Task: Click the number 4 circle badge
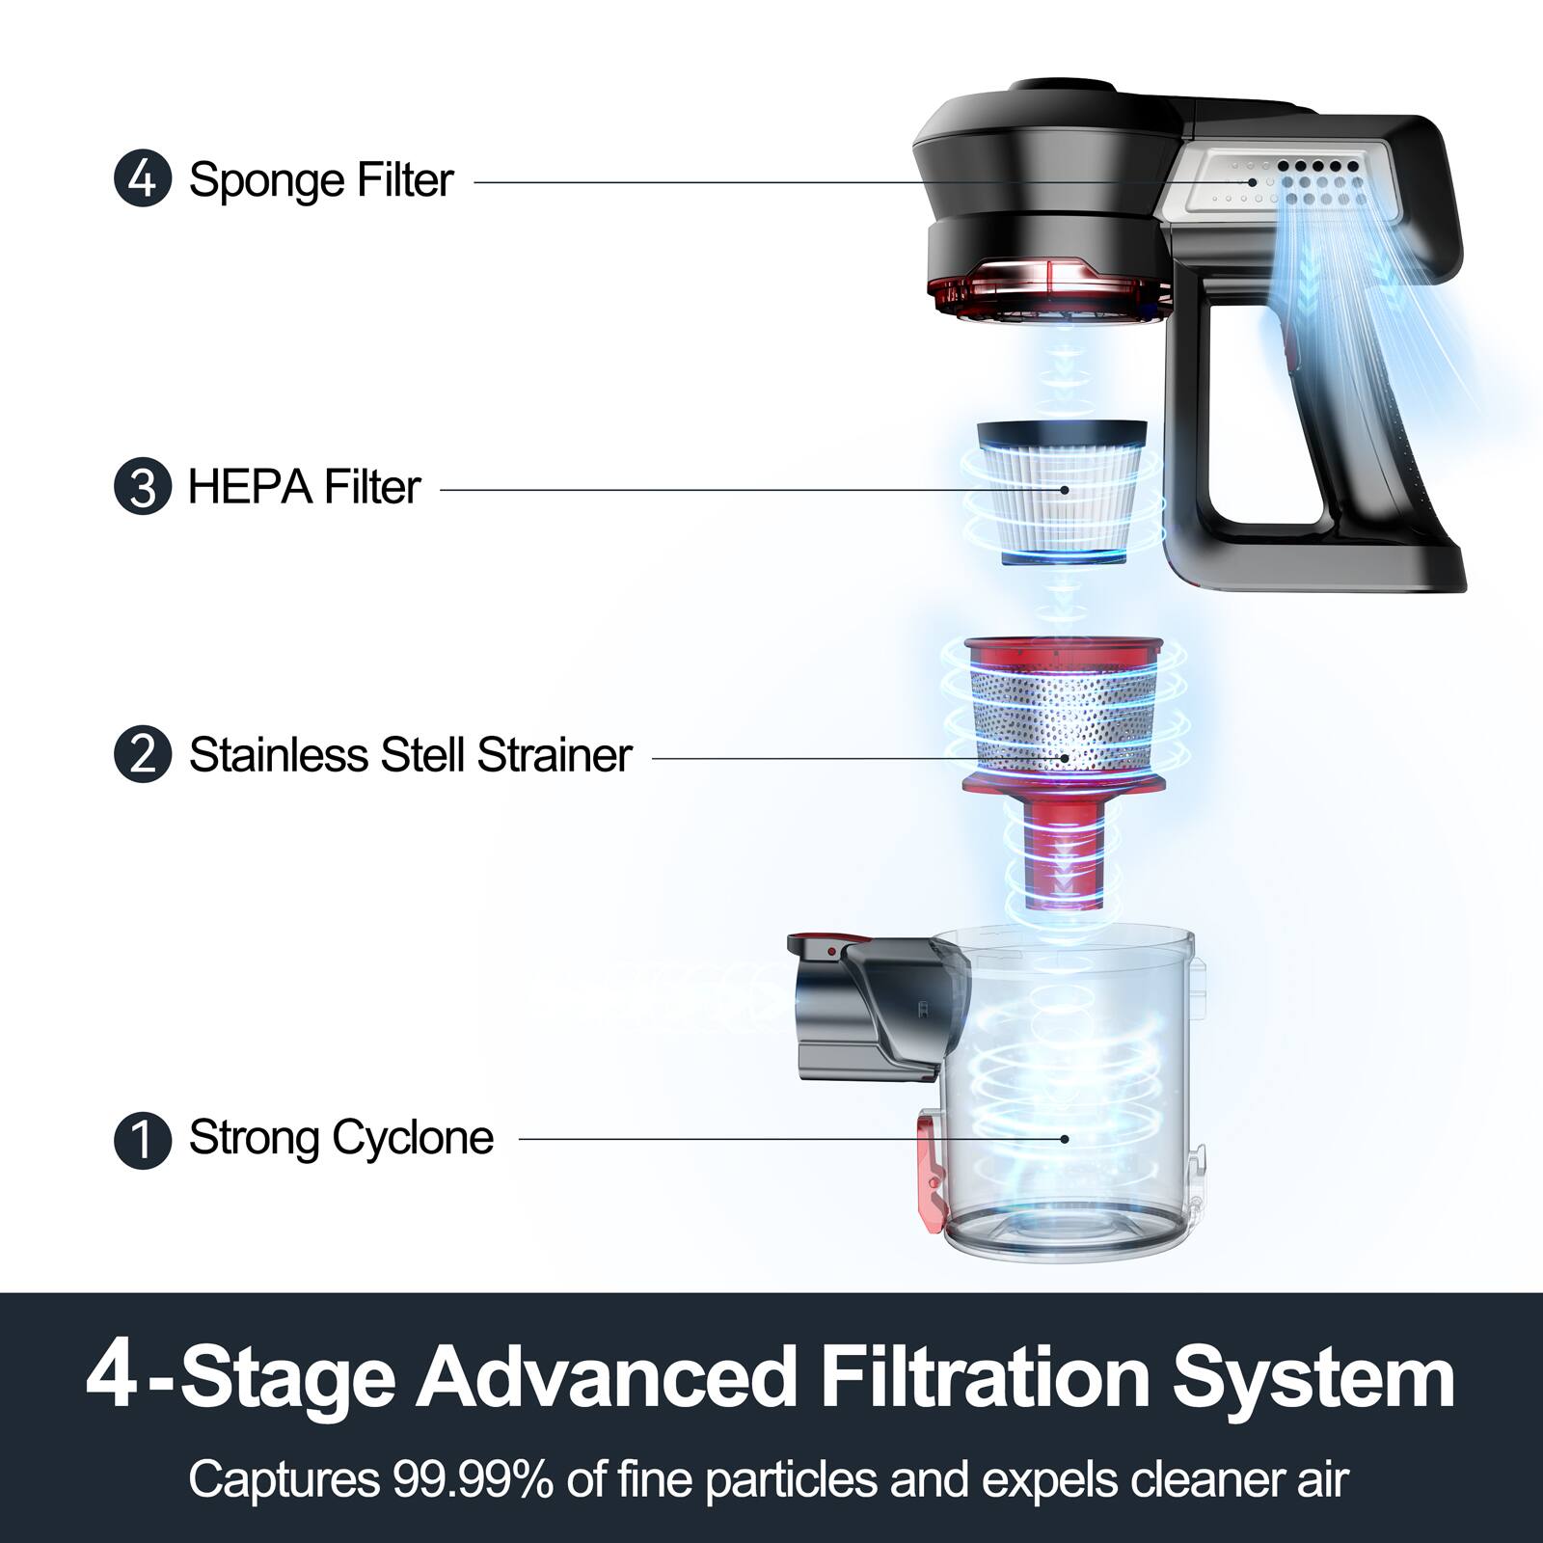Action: (142, 179)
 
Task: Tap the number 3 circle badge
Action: (142, 487)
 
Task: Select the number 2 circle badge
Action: (142, 754)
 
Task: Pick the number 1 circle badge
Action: (142, 1139)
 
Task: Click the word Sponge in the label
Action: (265, 181)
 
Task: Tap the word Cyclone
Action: (415, 1139)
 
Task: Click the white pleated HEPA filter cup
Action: (1061, 501)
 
